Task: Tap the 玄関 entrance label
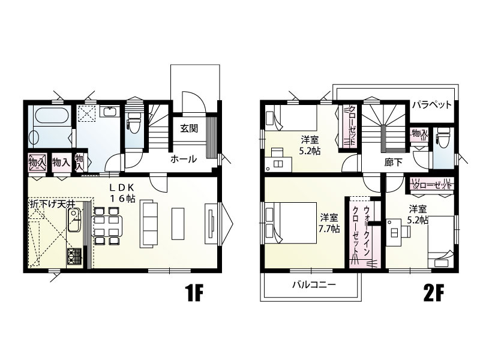[x=188, y=128]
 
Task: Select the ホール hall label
[x=184, y=159]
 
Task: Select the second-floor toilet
[x=443, y=136]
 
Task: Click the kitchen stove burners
[x=74, y=256]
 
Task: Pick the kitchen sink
[x=74, y=220]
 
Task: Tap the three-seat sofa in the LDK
[x=148, y=224]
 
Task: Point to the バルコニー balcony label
[x=314, y=285]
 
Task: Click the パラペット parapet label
[x=431, y=105]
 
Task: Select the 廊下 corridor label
[x=394, y=163]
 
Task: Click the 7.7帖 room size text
[x=329, y=229]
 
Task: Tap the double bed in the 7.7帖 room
[x=290, y=223]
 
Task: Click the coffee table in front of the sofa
[x=178, y=223]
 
